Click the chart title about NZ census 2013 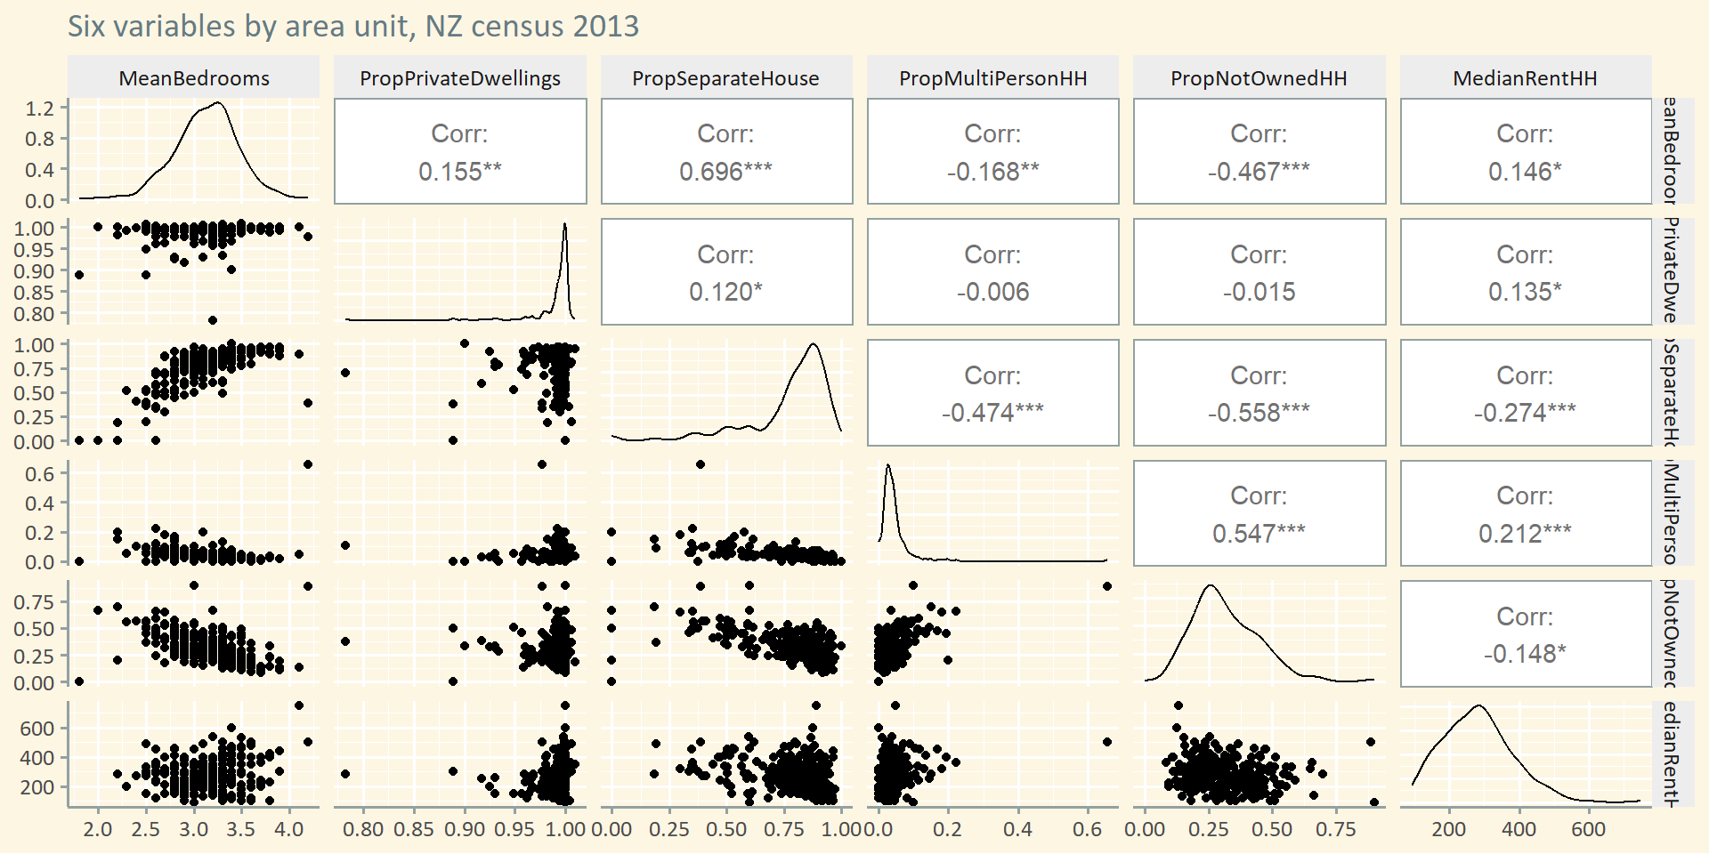coord(353,26)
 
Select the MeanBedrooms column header coord(194,78)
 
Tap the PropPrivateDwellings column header coord(460,78)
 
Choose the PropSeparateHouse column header coord(725,78)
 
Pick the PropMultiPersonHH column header coord(992,78)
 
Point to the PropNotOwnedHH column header coord(1259,78)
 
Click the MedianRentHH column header coord(1525,78)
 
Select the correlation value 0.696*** coord(725,171)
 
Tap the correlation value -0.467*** coord(1259,171)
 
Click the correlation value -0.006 coord(992,292)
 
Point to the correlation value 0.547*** coord(1259,533)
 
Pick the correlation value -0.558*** coord(1259,413)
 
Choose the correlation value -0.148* coord(1525,654)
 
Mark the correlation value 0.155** coord(460,171)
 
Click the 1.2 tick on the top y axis coord(40,109)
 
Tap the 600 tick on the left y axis coord(37,729)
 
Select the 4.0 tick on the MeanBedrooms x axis coord(289,829)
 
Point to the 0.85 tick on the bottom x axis coord(414,829)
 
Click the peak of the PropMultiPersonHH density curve coord(887,465)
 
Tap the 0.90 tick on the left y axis coord(34,271)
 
